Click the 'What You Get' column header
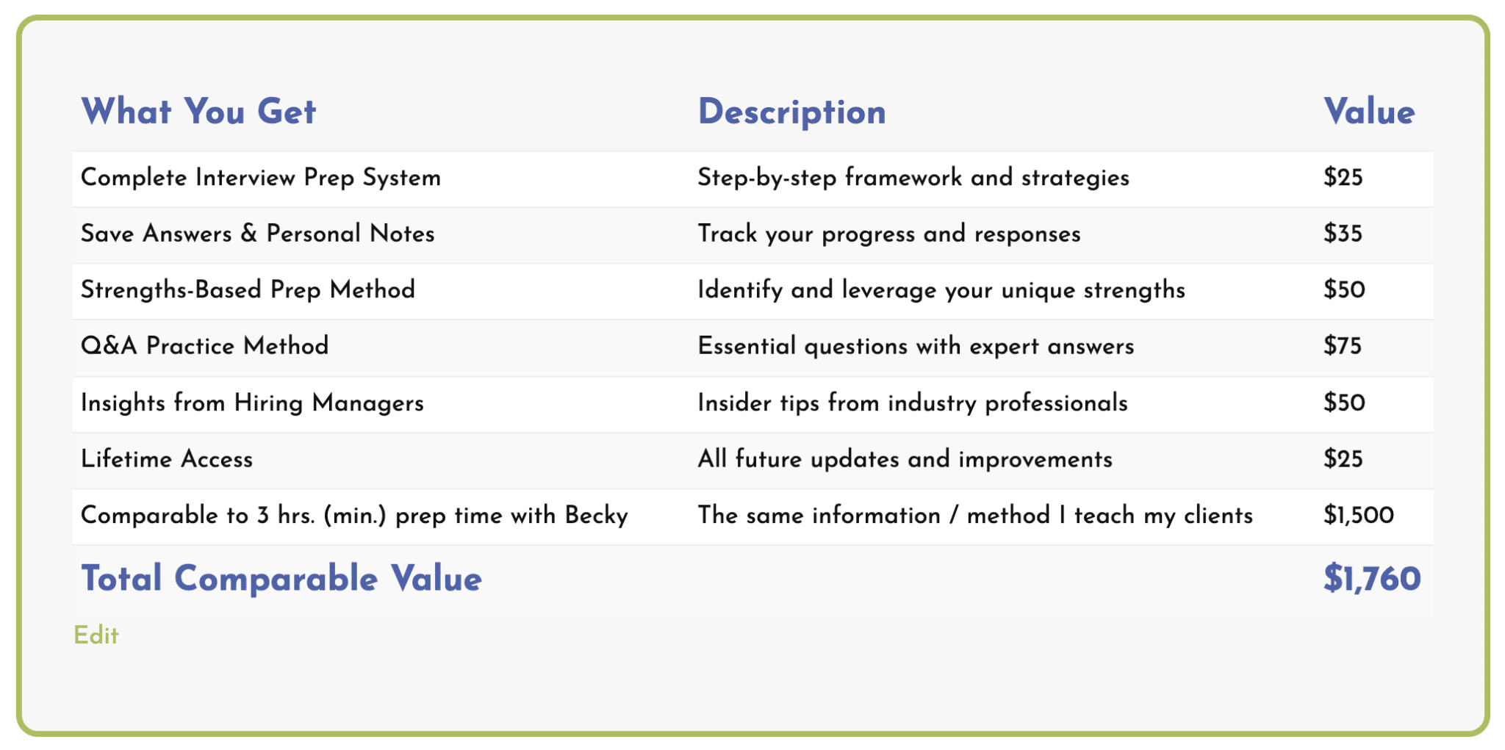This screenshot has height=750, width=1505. (198, 112)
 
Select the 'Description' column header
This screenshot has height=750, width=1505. (791, 112)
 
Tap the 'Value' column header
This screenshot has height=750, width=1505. (1369, 112)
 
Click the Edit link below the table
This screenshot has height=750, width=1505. (96, 635)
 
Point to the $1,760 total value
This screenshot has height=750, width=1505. (1372, 578)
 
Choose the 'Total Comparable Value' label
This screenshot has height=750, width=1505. (281, 578)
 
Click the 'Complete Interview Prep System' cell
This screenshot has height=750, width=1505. (261, 178)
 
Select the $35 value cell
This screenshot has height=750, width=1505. (1343, 234)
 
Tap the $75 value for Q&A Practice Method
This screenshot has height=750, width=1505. (1343, 346)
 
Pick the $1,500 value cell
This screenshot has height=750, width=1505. (1359, 515)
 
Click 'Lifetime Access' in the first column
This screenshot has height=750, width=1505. (167, 459)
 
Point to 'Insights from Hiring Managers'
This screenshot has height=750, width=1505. (252, 403)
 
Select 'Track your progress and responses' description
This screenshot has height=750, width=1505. (889, 234)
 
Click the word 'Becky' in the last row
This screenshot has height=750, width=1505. (597, 516)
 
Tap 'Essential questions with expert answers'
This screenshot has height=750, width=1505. (916, 347)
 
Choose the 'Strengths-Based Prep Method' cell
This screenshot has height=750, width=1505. (248, 290)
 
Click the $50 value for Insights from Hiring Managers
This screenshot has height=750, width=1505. (1344, 403)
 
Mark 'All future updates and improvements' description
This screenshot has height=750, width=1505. (905, 460)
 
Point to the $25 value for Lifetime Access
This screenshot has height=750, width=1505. (1343, 459)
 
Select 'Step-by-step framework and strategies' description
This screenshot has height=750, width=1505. (913, 178)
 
